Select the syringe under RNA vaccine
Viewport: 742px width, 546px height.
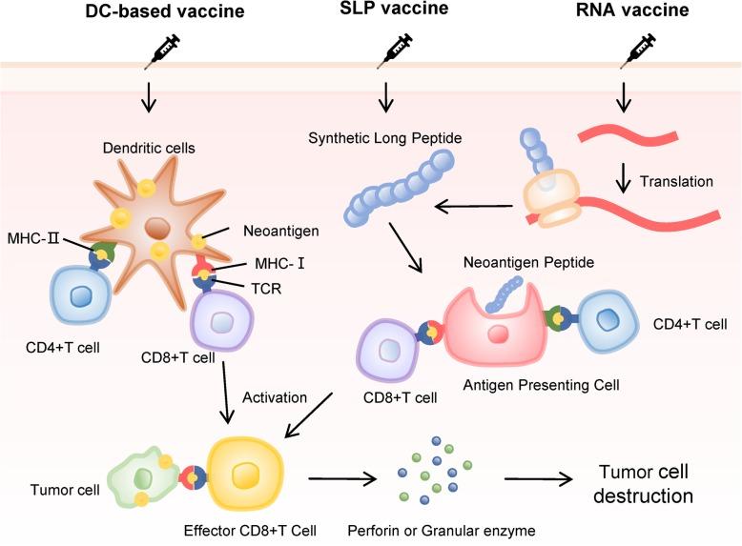634,54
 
